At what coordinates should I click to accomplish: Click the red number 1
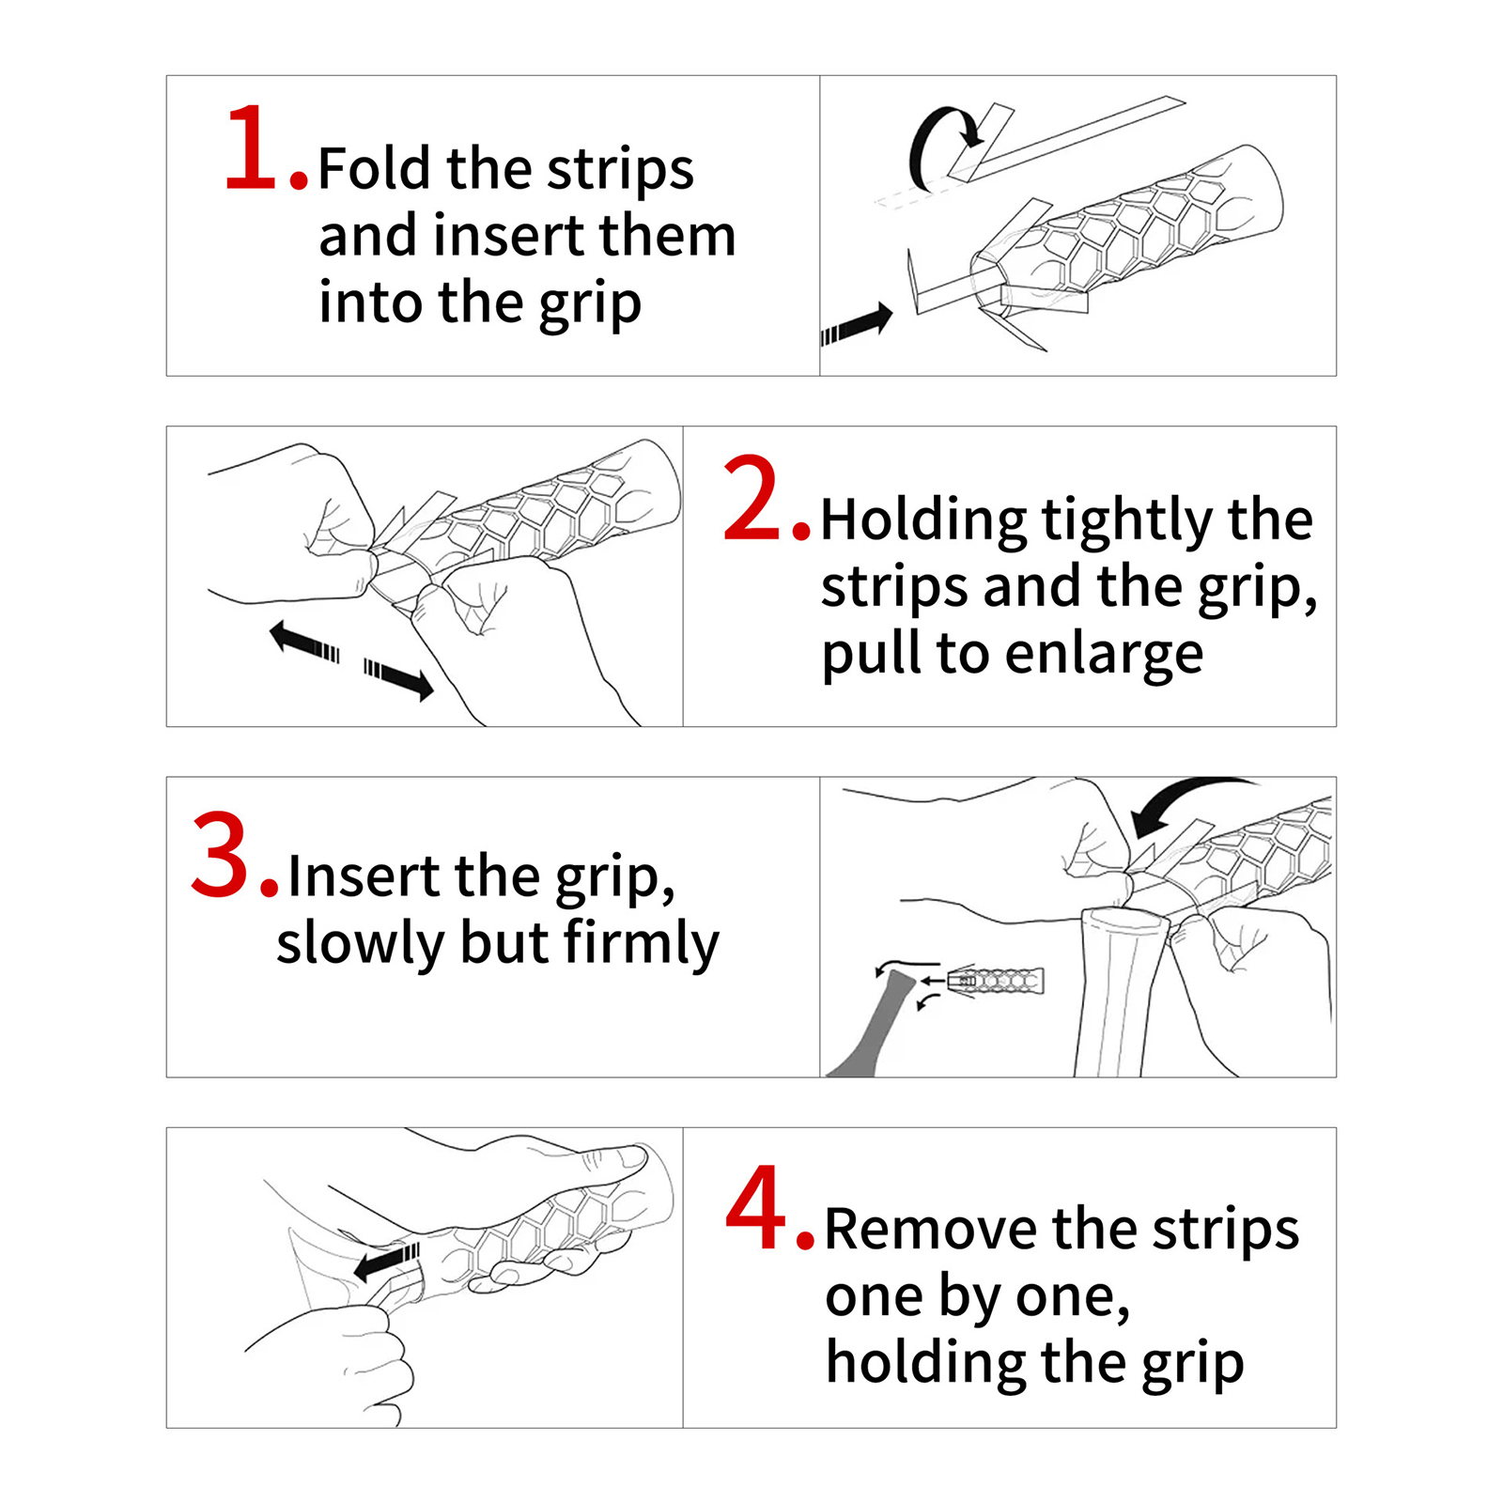(x=255, y=148)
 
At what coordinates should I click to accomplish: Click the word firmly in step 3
(x=642, y=944)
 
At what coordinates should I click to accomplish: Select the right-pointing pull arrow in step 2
(x=399, y=678)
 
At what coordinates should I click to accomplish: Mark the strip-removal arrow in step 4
(x=386, y=1262)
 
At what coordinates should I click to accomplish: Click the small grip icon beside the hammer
(x=996, y=981)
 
